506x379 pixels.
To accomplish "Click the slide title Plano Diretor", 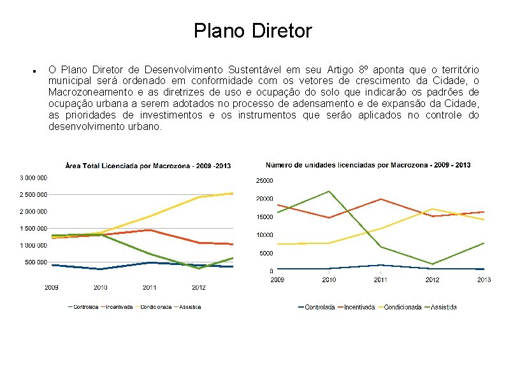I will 253,31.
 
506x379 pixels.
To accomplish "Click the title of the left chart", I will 148,166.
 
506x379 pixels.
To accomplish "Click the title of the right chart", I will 368,165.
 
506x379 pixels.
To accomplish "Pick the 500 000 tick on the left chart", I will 37,262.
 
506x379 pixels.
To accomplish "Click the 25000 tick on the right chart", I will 264,181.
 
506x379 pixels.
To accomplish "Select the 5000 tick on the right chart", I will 266,254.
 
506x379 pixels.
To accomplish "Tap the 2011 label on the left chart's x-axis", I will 149,287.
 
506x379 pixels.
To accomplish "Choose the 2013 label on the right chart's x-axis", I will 484,280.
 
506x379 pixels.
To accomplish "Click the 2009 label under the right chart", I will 278,280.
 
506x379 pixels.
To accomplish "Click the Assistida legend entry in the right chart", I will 444,307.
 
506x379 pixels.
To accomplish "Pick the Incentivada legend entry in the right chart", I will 359,307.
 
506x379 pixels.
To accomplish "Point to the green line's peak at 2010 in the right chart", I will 329,191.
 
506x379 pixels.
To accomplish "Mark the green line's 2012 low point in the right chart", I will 432,264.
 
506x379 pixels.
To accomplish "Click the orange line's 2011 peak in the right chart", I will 380,199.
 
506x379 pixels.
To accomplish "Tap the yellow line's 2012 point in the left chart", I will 199,197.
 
